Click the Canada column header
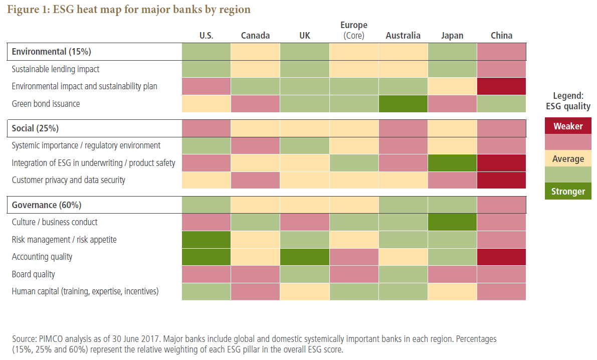click(255, 36)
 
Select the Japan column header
click(452, 36)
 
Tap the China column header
click(501, 36)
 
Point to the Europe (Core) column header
click(354, 30)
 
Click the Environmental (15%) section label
click(51, 52)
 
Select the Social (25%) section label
click(35, 128)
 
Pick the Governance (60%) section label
click(47, 205)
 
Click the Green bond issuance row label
click(46, 104)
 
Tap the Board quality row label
click(33, 274)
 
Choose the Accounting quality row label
click(42, 257)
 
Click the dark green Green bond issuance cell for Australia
click(403, 104)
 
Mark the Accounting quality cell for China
click(501, 257)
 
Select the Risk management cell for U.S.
click(206, 240)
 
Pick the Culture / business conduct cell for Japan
click(452, 222)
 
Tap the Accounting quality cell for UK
click(305, 257)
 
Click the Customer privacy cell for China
click(501, 180)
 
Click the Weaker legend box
click(568, 126)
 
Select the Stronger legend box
click(568, 192)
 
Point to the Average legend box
click(568, 159)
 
